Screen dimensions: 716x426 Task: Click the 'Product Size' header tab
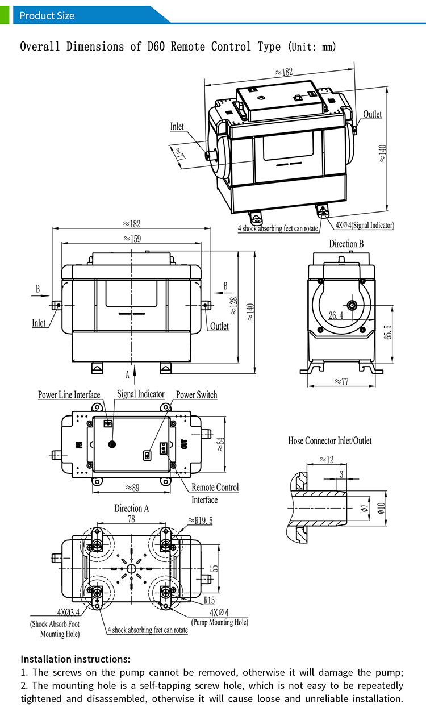(47, 15)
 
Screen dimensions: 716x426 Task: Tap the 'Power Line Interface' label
(69, 395)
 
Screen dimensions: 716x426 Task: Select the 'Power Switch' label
(196, 395)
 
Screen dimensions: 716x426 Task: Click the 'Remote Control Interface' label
(215, 493)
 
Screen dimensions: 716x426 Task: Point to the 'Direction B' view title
(346, 244)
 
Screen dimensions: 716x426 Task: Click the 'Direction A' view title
(131, 509)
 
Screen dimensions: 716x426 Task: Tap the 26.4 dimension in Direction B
(336, 315)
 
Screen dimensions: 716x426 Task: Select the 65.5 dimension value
(389, 332)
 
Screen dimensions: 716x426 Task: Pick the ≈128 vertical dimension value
(233, 306)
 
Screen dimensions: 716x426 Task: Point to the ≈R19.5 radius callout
(200, 520)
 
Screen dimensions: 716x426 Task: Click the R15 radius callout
(210, 600)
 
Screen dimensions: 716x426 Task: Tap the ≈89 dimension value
(132, 487)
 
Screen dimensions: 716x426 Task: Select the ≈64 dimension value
(219, 443)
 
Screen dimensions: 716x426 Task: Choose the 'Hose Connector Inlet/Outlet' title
(329, 440)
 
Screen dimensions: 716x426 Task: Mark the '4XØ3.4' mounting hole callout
(68, 612)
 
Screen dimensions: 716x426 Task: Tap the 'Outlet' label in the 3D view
(372, 114)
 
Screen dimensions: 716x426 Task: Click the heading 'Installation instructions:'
(76, 659)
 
